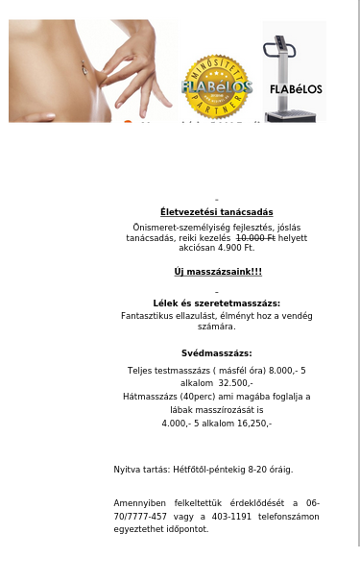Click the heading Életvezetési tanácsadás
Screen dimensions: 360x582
pos(216,212)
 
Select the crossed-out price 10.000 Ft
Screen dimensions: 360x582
pos(254,237)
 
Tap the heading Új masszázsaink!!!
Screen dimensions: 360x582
pos(218,272)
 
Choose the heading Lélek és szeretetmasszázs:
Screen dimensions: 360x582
pos(216,303)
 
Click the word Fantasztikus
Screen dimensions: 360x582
pos(149,315)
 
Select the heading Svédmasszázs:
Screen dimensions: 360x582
pos(216,353)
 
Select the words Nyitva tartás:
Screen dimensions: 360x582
pos(141,470)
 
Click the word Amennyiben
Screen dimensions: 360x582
pos(140,503)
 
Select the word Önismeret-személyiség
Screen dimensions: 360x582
pos(177,228)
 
